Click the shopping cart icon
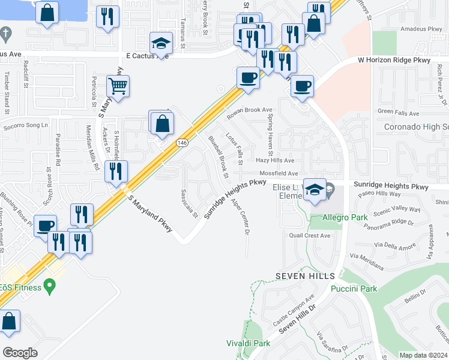pyautogui.click(x=118, y=86)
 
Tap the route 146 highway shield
pyautogui.click(x=182, y=143)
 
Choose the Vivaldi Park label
pyautogui.click(x=247, y=343)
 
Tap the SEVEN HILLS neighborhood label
pyautogui.click(x=305, y=275)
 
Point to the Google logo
pyautogui.click(x=20, y=352)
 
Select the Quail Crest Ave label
pyautogui.click(x=309, y=236)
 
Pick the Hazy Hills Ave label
pyautogui.click(x=275, y=161)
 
